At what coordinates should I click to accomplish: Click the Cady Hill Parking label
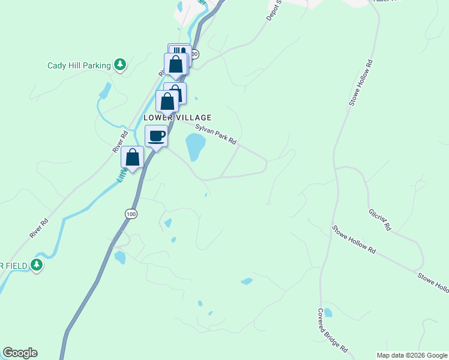click(x=79, y=65)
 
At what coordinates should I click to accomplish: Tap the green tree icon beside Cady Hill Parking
click(x=120, y=64)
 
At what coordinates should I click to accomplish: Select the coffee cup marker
click(x=156, y=137)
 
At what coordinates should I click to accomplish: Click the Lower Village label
click(x=177, y=118)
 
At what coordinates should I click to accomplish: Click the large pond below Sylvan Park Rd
click(x=195, y=146)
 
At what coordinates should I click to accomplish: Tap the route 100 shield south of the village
click(x=131, y=214)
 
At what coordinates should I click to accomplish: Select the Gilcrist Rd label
click(x=380, y=219)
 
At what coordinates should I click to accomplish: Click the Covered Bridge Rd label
click(x=333, y=330)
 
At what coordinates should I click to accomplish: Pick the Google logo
click(x=20, y=353)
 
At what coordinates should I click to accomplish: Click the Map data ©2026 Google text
click(x=412, y=355)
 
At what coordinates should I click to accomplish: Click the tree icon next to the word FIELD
click(x=37, y=265)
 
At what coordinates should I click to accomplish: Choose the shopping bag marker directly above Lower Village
click(x=167, y=102)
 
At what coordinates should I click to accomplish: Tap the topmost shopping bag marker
click(x=176, y=64)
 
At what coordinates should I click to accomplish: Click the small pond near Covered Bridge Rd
click(x=328, y=313)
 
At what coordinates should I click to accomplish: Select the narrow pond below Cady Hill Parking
click(x=106, y=91)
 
